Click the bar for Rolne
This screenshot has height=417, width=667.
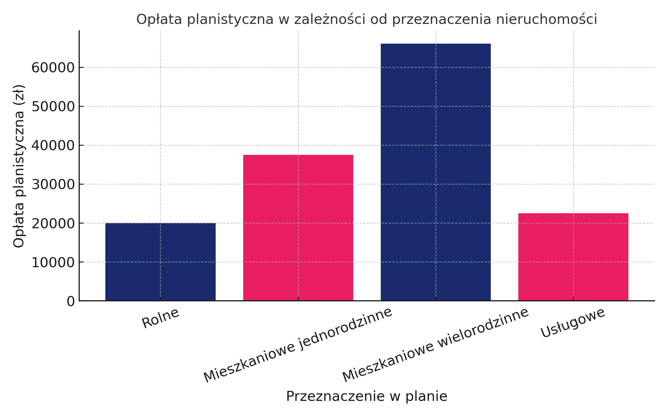[160, 262]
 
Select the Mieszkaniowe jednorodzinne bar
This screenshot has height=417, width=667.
[298, 228]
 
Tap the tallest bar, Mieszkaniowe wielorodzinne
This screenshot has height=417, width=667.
[435, 172]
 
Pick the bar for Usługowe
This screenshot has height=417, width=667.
[573, 257]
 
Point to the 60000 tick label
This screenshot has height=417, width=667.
[53, 68]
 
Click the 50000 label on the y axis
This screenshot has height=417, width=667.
[53, 107]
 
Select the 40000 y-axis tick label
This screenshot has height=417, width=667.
[53, 146]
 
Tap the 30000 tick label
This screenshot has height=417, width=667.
[53, 185]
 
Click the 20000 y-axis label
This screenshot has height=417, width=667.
[53, 224]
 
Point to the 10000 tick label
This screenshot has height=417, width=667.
[53, 262]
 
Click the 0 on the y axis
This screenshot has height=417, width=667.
[71, 301]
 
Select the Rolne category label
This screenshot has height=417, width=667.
[160, 318]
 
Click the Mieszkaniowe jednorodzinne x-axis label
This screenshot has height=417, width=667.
[298, 345]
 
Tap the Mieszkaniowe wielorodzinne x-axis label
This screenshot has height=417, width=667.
[435, 345]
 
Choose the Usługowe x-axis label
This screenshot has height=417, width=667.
[573, 323]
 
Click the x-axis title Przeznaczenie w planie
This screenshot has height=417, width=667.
[367, 396]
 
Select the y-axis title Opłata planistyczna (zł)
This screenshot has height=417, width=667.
[19, 166]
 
